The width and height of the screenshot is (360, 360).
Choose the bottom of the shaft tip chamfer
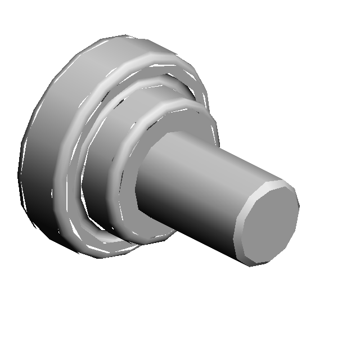point(259,263)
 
